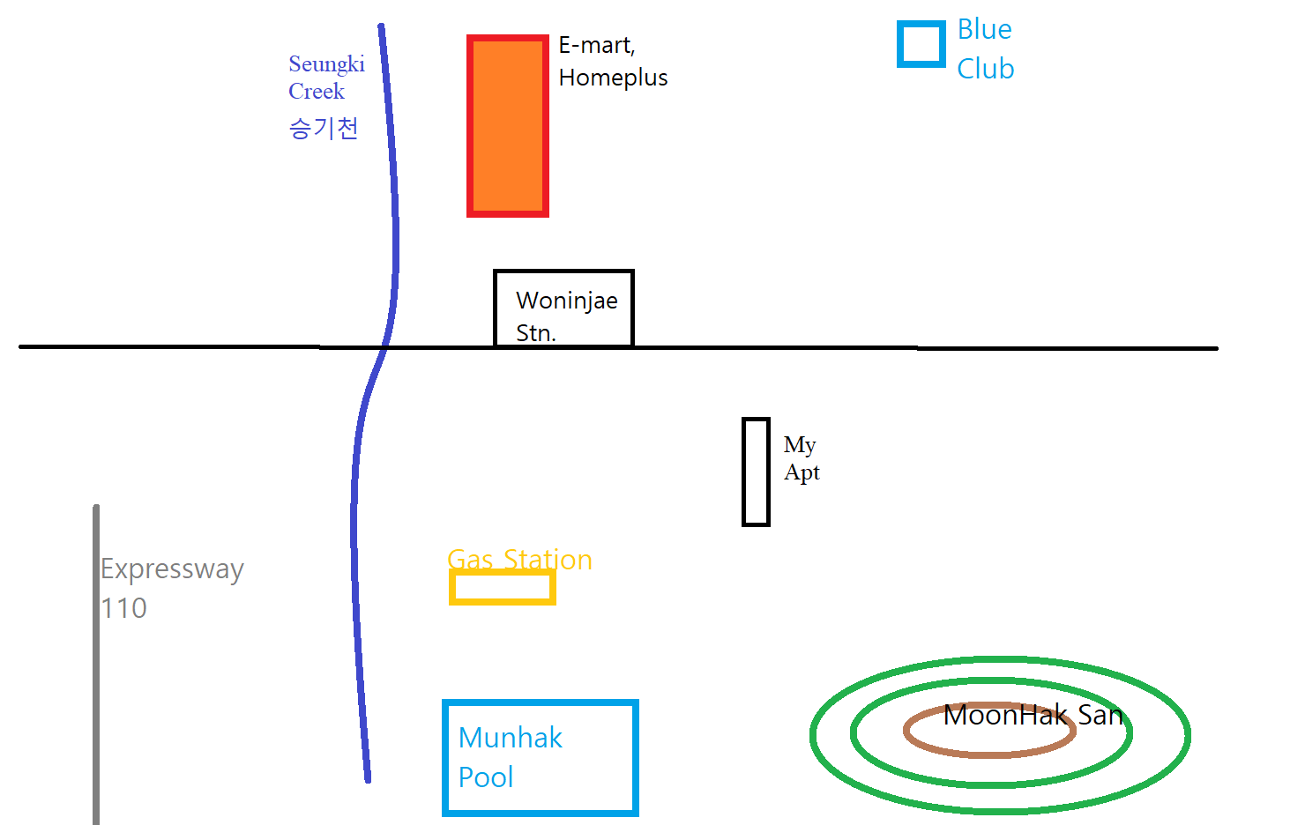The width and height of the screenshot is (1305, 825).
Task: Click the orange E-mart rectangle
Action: click(x=507, y=126)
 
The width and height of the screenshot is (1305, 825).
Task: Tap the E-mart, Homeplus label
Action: click(x=612, y=61)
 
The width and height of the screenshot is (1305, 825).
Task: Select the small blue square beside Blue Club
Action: click(x=921, y=44)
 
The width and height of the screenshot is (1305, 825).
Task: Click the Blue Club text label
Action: click(x=985, y=48)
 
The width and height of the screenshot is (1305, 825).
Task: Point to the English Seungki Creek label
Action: click(x=325, y=78)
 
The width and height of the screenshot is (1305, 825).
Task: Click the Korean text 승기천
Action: click(x=323, y=129)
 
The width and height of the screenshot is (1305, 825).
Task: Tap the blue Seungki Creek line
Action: click(x=394, y=220)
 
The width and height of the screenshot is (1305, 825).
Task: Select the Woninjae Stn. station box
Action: click(x=563, y=308)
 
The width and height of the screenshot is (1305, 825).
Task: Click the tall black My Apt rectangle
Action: click(x=756, y=472)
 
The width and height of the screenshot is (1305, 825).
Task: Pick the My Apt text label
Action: click(x=801, y=458)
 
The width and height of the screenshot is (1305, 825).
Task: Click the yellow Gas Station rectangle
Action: click(x=502, y=587)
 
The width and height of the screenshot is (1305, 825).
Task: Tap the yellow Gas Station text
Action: click(x=519, y=560)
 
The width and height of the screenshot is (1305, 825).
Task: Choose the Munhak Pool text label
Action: click(x=510, y=757)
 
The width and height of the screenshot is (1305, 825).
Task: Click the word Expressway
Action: click(x=172, y=569)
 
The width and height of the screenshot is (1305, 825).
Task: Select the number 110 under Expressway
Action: click(x=123, y=608)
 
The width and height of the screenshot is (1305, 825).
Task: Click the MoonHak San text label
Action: click(x=1033, y=715)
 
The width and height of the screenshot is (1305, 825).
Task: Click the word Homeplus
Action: click(x=613, y=78)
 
